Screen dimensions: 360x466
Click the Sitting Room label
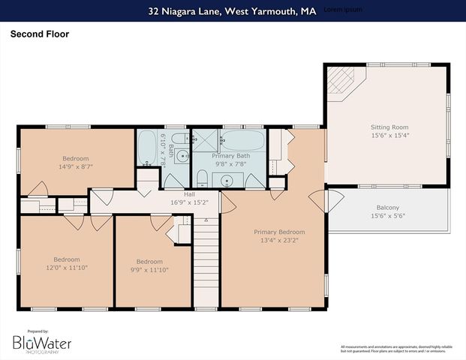click(389, 127)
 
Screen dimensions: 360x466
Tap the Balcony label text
click(387, 208)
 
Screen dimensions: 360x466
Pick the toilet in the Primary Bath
click(201, 178)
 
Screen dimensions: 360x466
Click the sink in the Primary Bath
click(227, 180)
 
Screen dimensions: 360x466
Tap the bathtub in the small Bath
click(147, 148)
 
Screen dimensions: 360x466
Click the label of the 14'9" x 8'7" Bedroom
click(75, 158)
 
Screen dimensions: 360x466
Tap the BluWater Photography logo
click(42, 343)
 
